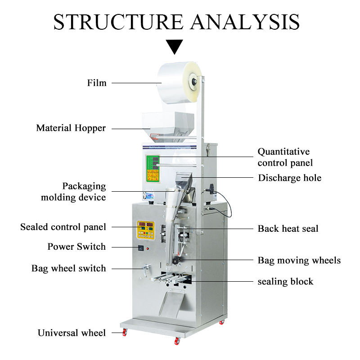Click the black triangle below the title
[x=175, y=46]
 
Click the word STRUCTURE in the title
[x=118, y=22]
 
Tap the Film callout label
[x=97, y=83]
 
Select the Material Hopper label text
[x=71, y=128]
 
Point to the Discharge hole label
[x=289, y=178]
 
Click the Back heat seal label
[x=288, y=229]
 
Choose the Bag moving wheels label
[x=299, y=261]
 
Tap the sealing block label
[x=285, y=282]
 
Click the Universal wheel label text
[x=72, y=333]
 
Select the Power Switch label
[x=76, y=247]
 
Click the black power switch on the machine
[x=141, y=248]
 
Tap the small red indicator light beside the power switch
[x=148, y=248]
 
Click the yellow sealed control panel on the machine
[x=145, y=230]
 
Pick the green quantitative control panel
[x=153, y=169]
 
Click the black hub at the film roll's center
[x=194, y=81]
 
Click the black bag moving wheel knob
[x=176, y=261]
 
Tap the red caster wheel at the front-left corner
[x=125, y=332]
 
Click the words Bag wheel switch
[x=69, y=268]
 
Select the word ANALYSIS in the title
[x=245, y=22]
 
